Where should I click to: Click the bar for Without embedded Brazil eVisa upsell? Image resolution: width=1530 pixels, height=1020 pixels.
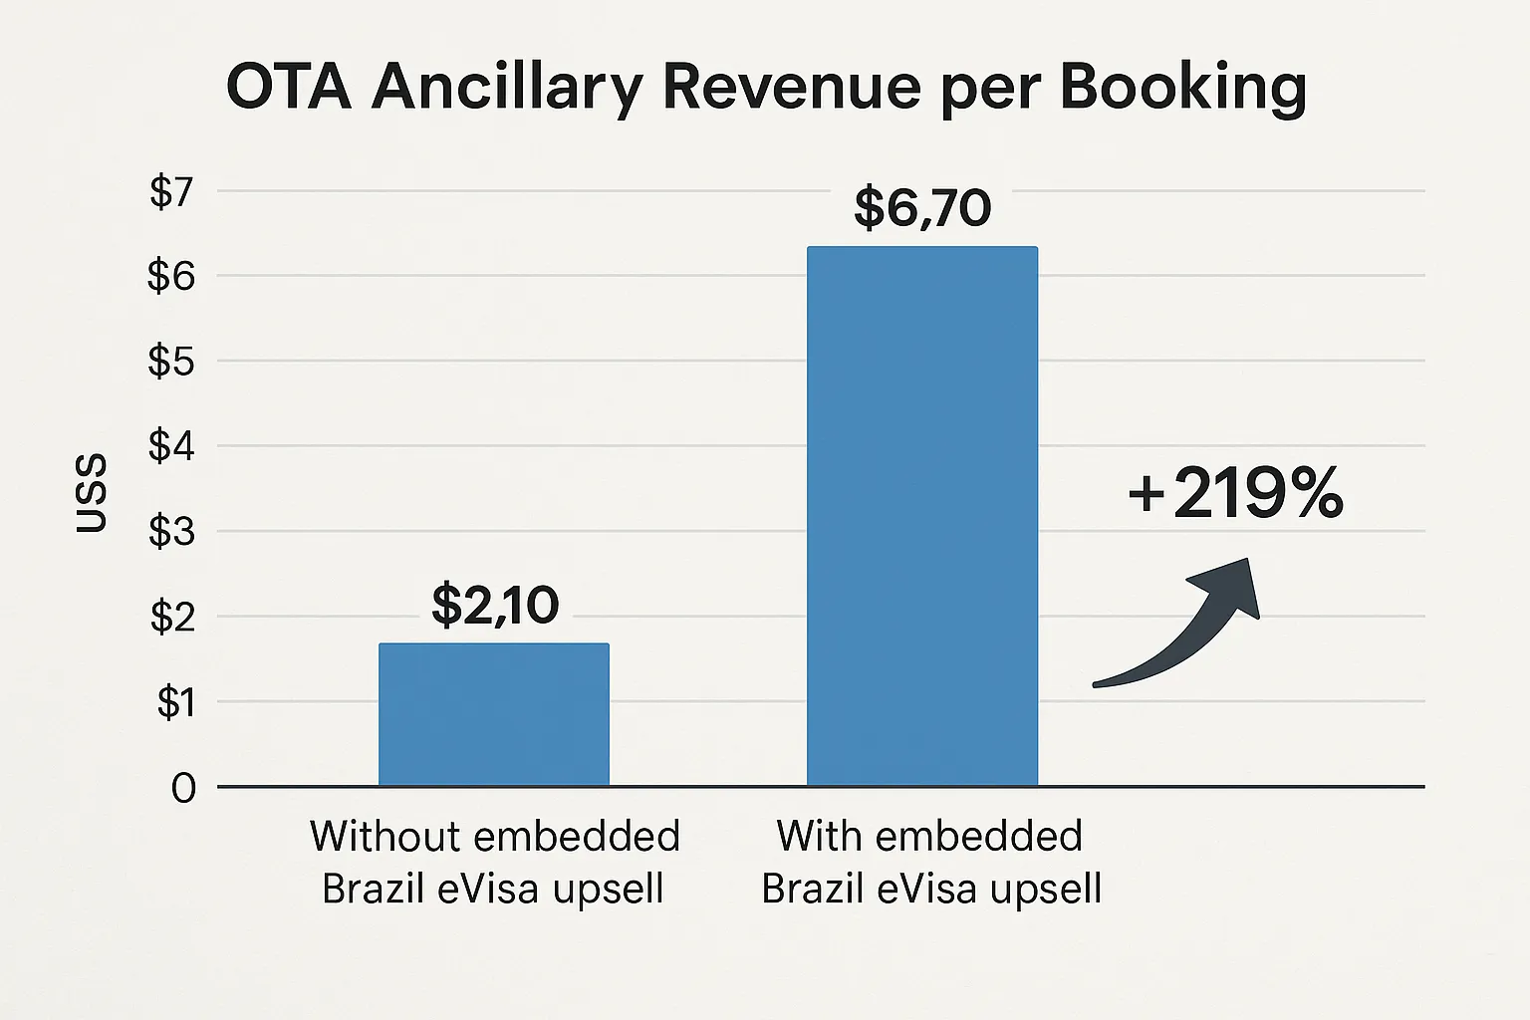[x=494, y=714]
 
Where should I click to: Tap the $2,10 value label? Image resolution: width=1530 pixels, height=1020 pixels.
[x=495, y=605]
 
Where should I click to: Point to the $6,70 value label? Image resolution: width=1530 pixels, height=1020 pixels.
[x=922, y=208]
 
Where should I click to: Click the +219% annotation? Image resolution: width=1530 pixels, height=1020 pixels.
[x=1235, y=494]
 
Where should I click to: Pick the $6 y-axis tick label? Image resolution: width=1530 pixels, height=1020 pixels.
[x=171, y=276]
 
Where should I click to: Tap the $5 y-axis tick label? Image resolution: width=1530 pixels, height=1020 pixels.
[x=171, y=362]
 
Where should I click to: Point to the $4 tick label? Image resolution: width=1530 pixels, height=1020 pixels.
[x=171, y=447]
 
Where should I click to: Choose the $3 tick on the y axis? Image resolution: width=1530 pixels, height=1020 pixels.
[x=171, y=532]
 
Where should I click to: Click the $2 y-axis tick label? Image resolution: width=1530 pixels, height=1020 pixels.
[x=171, y=618]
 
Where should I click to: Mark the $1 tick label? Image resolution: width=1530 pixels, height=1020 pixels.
[x=175, y=703]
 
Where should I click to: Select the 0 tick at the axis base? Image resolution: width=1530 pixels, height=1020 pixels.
[x=183, y=789]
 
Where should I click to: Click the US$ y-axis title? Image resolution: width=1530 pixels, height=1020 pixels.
[x=92, y=493]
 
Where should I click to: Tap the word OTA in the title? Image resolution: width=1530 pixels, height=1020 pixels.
[x=289, y=88]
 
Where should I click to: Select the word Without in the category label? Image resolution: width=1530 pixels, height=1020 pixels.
[x=380, y=836]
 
